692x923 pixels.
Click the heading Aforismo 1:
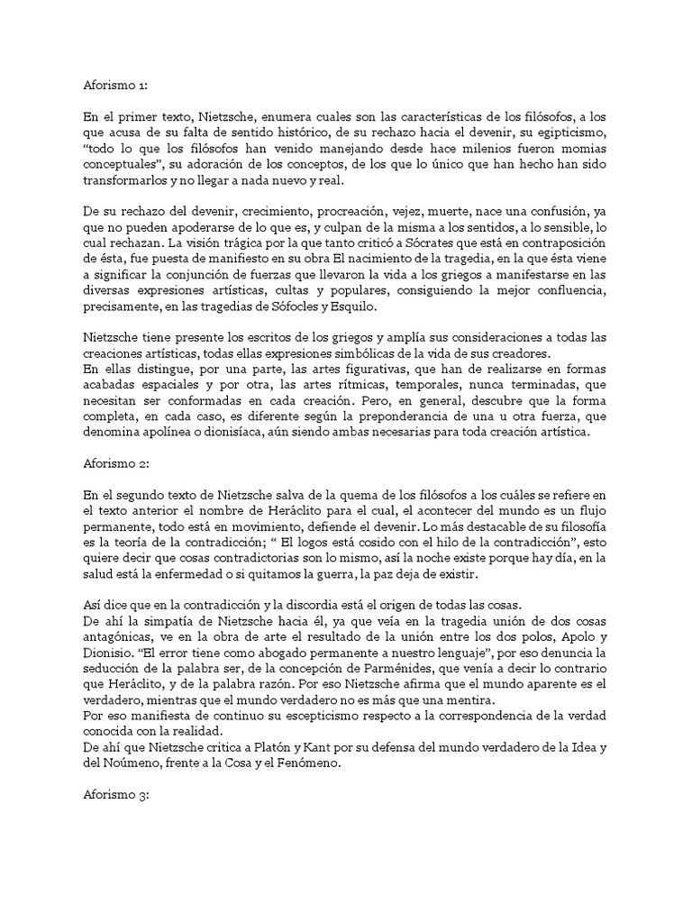pyautogui.click(x=108, y=87)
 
